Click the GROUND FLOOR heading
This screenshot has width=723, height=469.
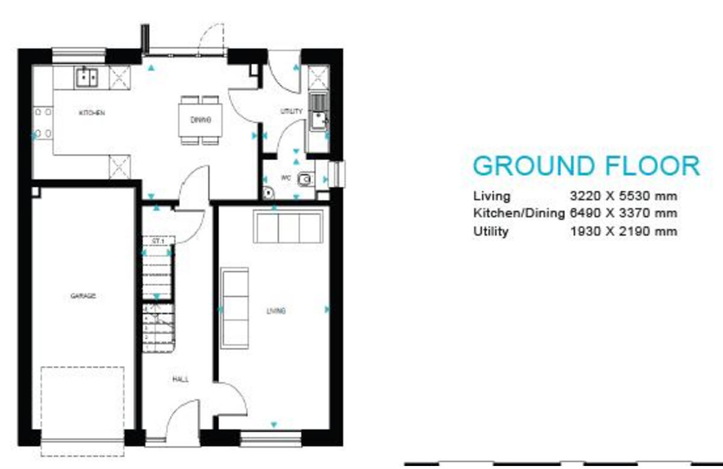[x=586, y=166]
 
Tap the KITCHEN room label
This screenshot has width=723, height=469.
[x=92, y=113]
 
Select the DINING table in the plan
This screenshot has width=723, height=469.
[x=200, y=120]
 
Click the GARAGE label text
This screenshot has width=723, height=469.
[x=83, y=296]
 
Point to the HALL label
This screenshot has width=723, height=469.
[x=180, y=379]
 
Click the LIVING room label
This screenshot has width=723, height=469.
[x=276, y=311]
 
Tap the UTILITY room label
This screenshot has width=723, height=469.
[x=292, y=111]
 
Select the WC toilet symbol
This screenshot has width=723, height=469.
[x=307, y=178]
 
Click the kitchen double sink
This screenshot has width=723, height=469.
[x=87, y=78]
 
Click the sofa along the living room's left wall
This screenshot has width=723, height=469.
[x=234, y=308]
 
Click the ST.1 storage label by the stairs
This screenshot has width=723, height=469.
[x=158, y=241]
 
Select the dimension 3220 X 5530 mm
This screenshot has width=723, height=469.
[x=623, y=196]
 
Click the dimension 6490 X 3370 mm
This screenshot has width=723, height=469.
[x=623, y=213]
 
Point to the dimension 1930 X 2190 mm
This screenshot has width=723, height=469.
[x=623, y=231]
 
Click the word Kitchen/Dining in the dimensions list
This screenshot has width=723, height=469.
[x=519, y=213]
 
